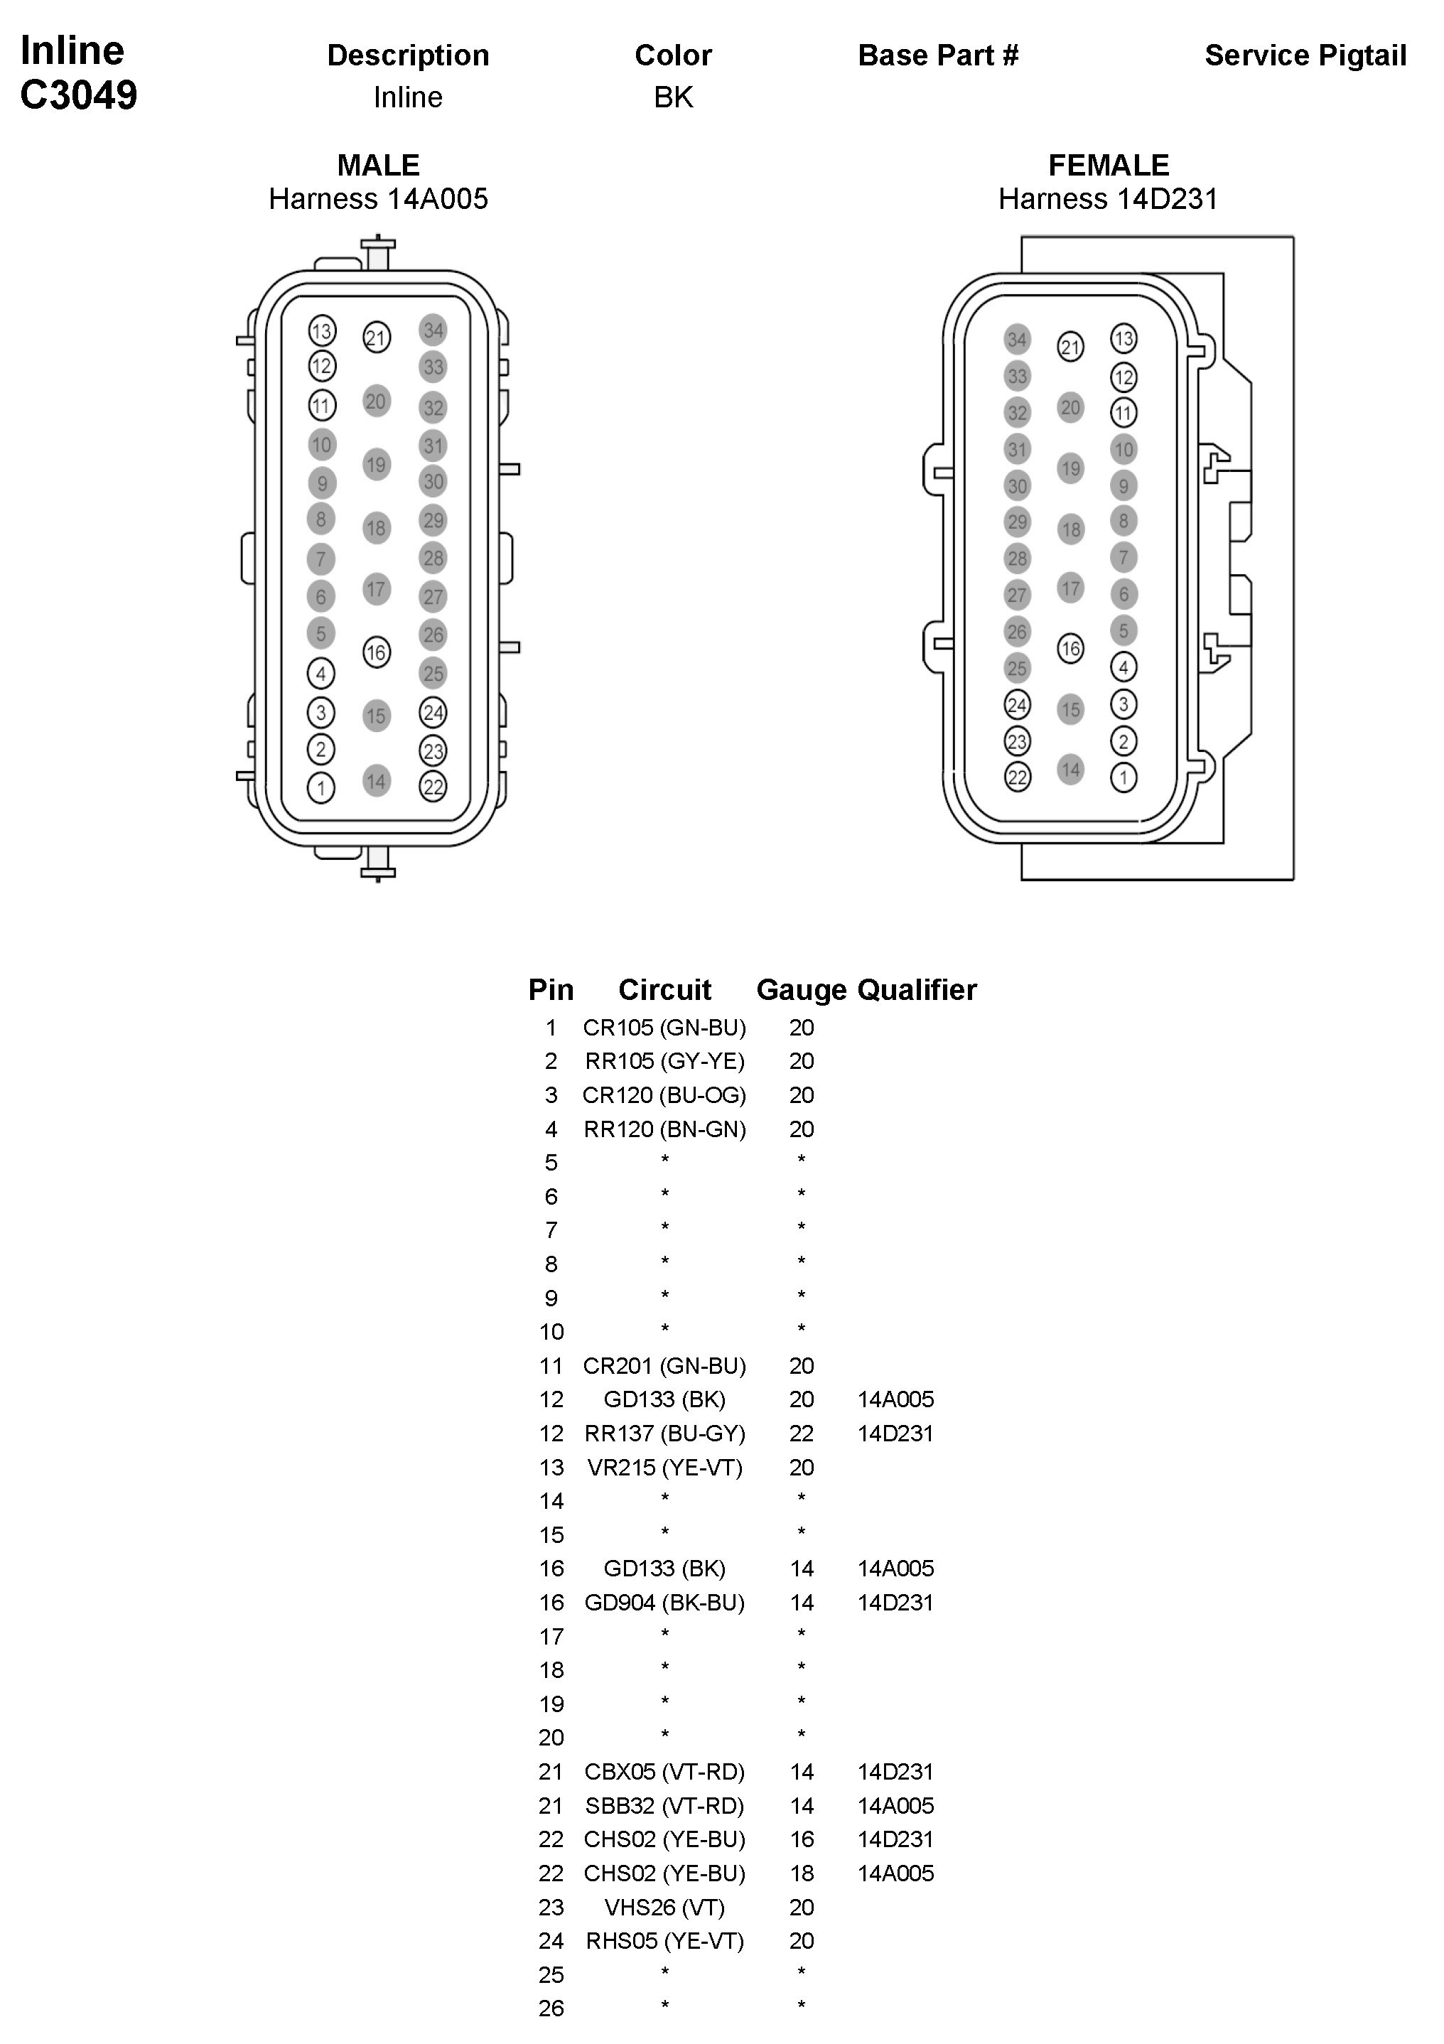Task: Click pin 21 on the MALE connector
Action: [377, 338]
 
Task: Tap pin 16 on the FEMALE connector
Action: [1070, 649]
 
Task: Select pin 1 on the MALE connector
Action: [321, 787]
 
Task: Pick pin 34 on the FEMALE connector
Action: [1017, 339]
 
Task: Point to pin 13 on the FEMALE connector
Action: [1124, 338]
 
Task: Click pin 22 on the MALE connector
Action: [433, 786]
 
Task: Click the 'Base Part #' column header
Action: [937, 55]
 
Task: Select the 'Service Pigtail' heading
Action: [1305, 55]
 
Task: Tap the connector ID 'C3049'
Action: [78, 95]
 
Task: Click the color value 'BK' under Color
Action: [673, 97]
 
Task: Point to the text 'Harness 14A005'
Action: [378, 198]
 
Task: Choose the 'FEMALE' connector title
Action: [1109, 166]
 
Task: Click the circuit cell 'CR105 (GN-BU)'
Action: [664, 1028]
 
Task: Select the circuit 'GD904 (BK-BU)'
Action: [664, 1603]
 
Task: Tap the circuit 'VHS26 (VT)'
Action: [664, 1907]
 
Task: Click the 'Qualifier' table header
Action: [916, 990]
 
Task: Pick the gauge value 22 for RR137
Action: [801, 1434]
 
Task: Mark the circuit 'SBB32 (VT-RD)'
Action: [664, 1805]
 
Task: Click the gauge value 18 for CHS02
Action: [801, 1873]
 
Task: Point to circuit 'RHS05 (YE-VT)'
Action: [664, 1941]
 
